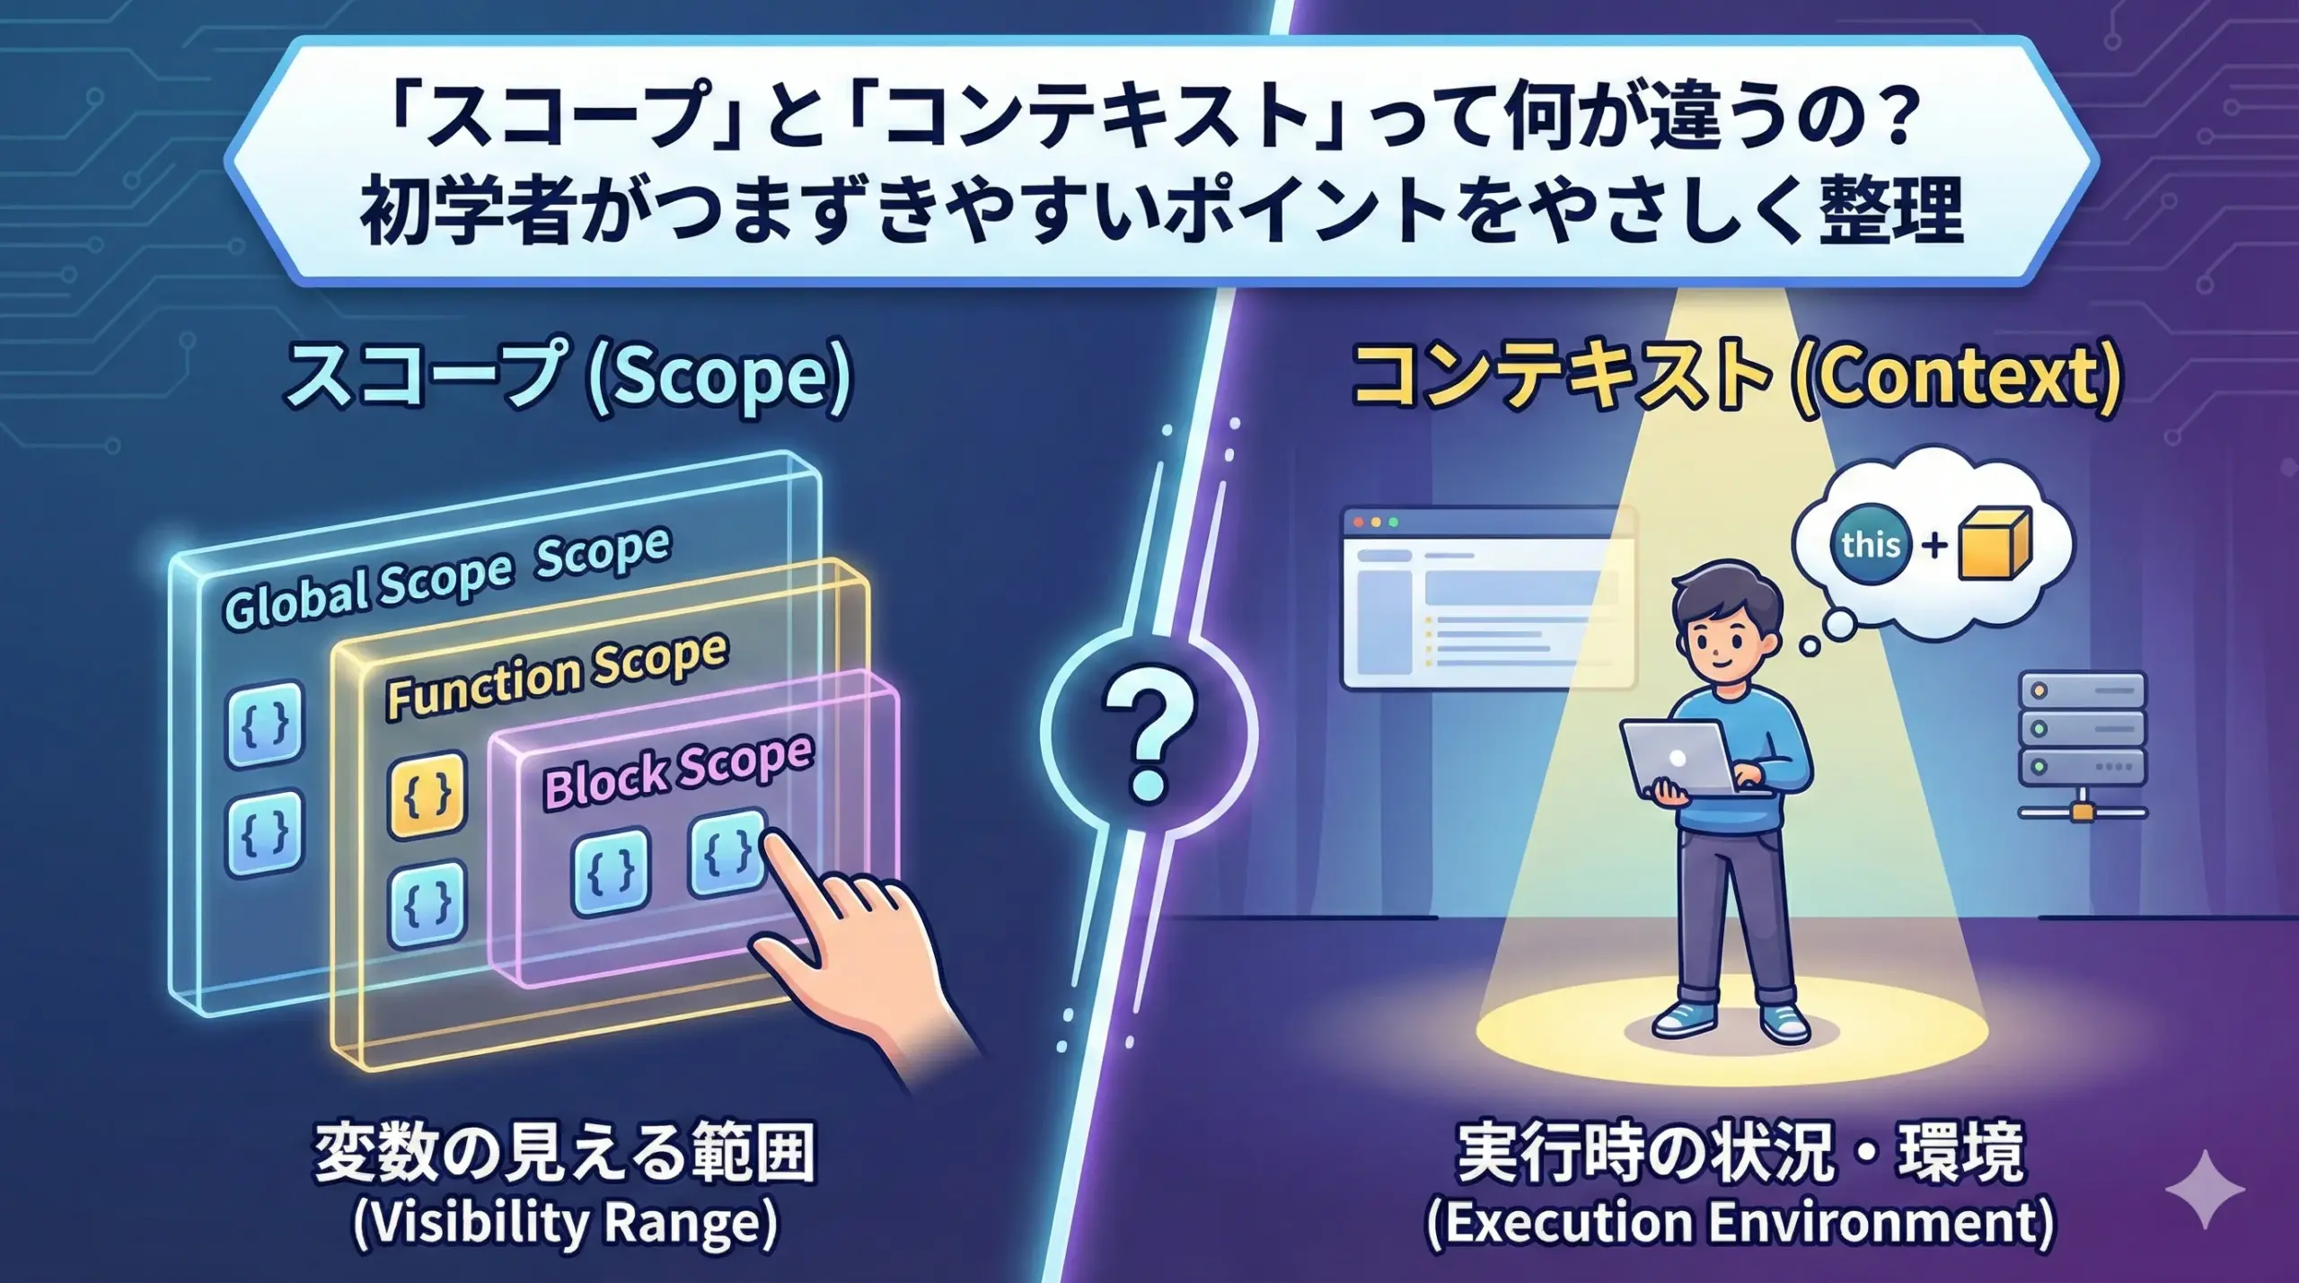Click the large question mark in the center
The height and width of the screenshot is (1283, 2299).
[x=1149, y=733]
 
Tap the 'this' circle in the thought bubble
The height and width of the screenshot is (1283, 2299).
[x=1871, y=544]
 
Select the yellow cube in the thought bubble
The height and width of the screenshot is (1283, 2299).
[x=1995, y=544]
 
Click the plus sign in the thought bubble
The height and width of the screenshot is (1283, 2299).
[x=1934, y=545]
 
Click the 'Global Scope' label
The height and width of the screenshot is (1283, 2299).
[x=367, y=590]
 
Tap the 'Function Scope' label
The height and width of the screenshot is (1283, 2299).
[x=557, y=675]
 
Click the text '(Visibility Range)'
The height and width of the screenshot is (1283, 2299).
[x=566, y=1223]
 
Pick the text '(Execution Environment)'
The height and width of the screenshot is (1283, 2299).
[x=1740, y=1223]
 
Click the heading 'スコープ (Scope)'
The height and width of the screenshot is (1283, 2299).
[x=568, y=377]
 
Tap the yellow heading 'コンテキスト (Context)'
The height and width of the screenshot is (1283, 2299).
[x=1737, y=377]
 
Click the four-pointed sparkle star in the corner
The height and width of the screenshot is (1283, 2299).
[x=2205, y=1189]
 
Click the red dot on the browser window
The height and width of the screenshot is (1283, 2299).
[x=1358, y=522]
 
